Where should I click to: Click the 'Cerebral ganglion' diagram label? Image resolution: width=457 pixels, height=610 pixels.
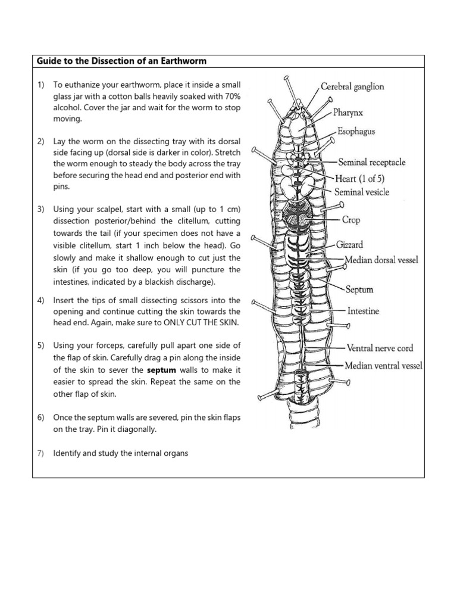click(352, 86)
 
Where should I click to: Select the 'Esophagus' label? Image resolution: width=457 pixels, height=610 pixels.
click(356, 132)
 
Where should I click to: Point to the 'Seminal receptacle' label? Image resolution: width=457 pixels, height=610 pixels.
click(372, 162)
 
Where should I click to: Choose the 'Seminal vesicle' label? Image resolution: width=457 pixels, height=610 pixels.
click(362, 192)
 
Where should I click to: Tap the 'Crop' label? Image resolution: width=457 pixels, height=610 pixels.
click(351, 220)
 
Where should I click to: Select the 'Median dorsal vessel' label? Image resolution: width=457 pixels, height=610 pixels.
click(381, 260)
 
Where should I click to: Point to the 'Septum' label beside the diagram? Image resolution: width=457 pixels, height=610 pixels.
click(359, 290)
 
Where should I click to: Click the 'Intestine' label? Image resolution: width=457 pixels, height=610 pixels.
click(363, 311)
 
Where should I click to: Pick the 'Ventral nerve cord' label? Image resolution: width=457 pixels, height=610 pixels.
click(380, 348)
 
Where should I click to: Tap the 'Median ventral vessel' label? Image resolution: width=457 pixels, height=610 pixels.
click(384, 366)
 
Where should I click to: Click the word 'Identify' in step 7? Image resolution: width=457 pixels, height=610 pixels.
click(68, 453)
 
